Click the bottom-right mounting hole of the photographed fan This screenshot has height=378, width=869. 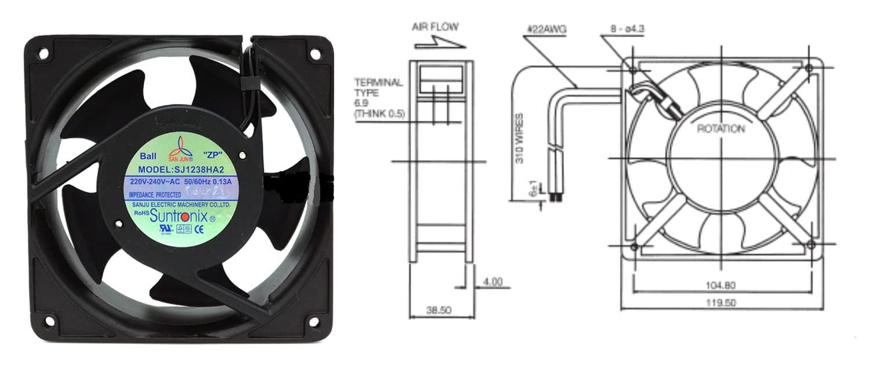[x=314, y=321]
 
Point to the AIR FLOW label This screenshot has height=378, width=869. [x=435, y=27]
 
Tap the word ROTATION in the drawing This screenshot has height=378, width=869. [x=720, y=128]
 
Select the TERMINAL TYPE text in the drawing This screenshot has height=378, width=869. [x=378, y=87]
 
